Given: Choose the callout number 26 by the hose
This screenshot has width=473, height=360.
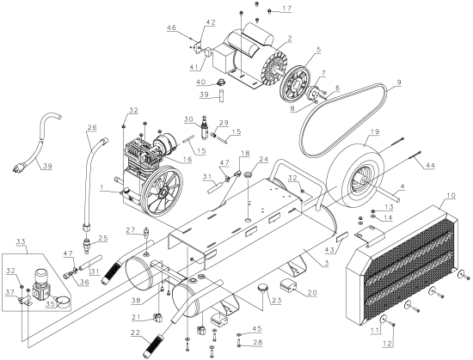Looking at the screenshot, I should pos(93,130).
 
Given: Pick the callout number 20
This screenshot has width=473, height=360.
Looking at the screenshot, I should pos(311,292).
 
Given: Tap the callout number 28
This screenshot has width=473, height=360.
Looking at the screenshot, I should pos(256,343).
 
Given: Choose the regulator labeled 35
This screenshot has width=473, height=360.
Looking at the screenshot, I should pos(40,280).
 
